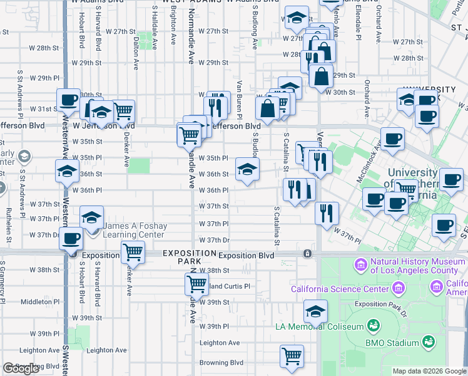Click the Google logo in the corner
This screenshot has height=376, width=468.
coord(21,368)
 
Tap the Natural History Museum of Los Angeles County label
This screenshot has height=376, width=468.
coord(414,266)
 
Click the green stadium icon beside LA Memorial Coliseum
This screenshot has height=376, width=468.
coord(374,326)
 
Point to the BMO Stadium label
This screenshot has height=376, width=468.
coord(393,343)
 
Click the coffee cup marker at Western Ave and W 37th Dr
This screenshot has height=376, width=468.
coord(72,239)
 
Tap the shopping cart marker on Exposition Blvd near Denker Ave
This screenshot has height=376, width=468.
coord(133,253)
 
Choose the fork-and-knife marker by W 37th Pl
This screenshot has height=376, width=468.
coord(327,213)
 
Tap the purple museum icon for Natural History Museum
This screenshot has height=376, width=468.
coord(360,266)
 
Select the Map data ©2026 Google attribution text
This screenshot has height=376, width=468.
coord(429,371)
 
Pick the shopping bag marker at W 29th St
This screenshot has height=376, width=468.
coord(320,77)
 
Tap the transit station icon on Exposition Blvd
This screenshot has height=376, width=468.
coord(307,254)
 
